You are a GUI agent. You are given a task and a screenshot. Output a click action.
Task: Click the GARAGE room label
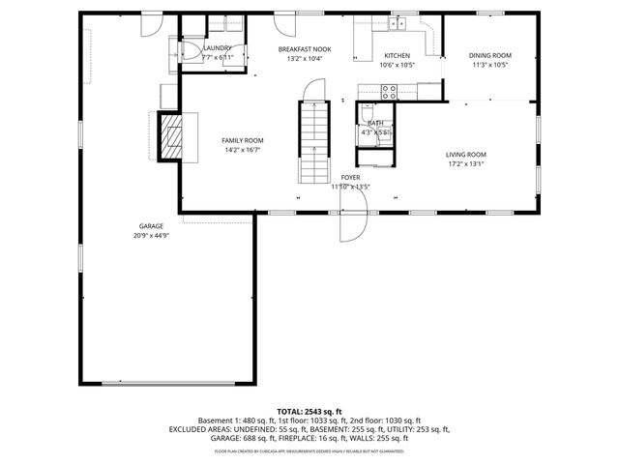tap(150, 226)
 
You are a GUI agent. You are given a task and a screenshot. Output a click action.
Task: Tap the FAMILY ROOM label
tap(243, 140)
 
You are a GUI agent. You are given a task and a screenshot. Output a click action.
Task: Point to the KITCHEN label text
tap(398, 55)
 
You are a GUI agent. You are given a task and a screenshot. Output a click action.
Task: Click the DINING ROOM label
tap(490, 55)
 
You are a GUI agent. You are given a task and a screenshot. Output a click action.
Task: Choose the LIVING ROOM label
tap(465, 155)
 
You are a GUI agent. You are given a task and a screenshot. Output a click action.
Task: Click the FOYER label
tap(350, 178)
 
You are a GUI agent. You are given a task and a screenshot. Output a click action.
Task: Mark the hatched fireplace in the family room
tap(170, 136)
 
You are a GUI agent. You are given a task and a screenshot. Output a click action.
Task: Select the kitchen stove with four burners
tap(390, 92)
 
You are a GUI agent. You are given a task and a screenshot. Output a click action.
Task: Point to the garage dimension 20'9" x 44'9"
tap(150, 236)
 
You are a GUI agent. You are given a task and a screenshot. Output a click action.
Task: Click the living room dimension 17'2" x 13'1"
tap(465, 164)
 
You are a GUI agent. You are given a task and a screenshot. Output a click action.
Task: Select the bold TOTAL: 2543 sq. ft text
tap(309, 412)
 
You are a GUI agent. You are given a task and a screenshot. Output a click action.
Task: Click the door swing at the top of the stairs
tap(311, 92)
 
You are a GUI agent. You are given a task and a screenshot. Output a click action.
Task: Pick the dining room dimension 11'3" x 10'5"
tap(490, 65)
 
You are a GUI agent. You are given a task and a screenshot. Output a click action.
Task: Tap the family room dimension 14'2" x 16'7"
tap(243, 150)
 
